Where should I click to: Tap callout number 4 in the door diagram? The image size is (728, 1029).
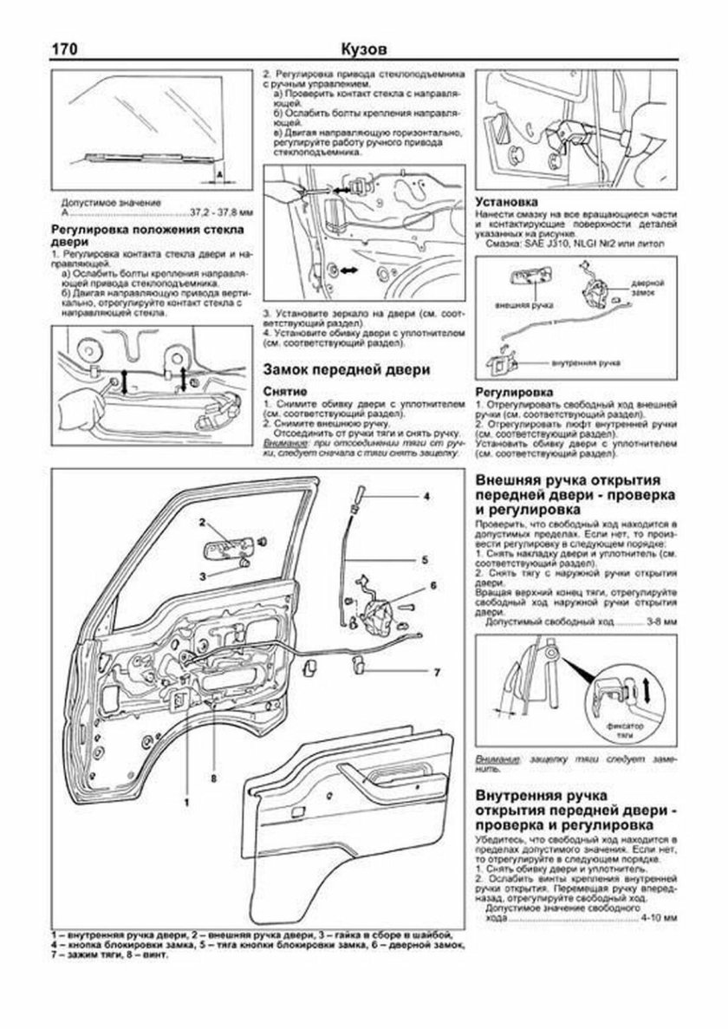[426, 497]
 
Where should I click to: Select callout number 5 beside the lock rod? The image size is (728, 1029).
[424, 559]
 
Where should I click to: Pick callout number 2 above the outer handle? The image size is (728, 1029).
[201, 523]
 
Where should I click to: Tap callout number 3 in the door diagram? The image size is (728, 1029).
[201, 575]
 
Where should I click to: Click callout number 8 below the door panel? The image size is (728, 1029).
[212, 778]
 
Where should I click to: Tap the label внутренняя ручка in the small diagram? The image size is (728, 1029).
[590, 361]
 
